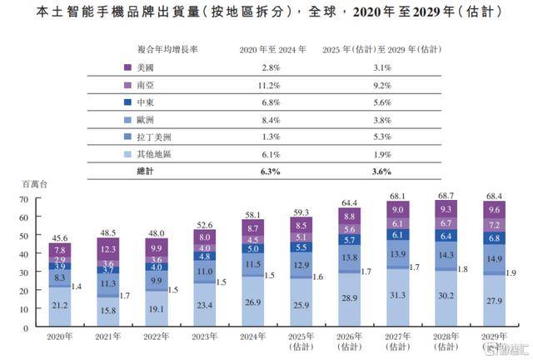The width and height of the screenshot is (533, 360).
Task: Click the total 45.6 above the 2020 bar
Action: click(60, 237)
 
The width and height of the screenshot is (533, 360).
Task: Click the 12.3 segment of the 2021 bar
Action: click(107, 249)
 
